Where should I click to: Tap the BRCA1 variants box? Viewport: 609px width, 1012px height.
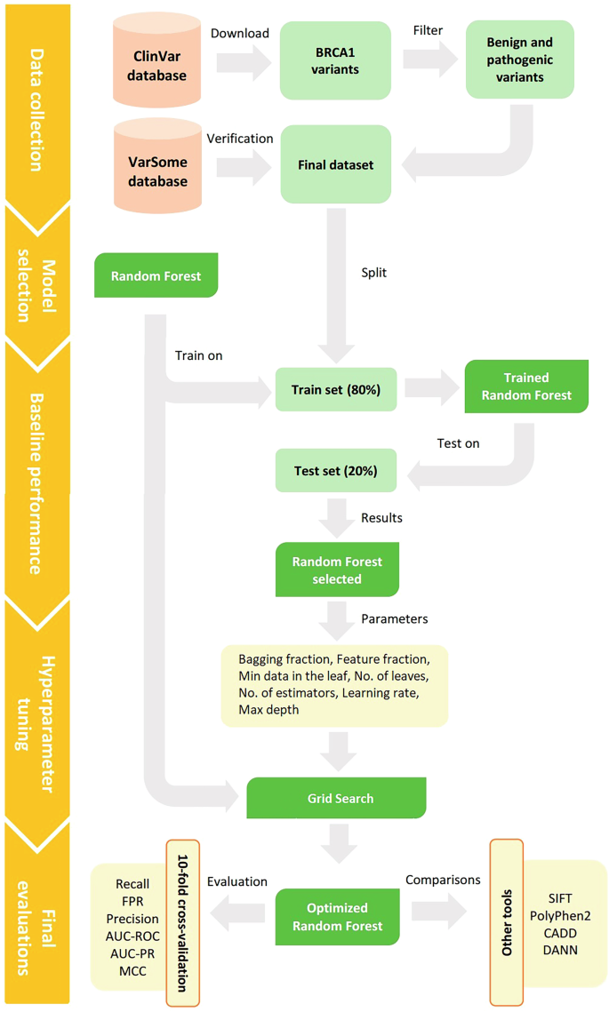pos(336,60)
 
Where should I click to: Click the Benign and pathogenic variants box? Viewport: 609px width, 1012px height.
pos(520,60)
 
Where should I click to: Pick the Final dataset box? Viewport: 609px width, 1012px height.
pos(336,164)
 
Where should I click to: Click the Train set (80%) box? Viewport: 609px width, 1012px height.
pos(336,389)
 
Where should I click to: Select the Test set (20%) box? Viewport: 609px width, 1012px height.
pos(336,471)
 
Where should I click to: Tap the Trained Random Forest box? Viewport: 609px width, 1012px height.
pos(526,386)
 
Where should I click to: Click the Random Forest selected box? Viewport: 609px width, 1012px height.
pos(336,570)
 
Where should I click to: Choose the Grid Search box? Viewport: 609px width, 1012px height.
pos(336,798)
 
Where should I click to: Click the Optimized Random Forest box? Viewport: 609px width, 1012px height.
pos(336,917)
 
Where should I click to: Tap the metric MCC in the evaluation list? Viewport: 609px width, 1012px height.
pos(132,970)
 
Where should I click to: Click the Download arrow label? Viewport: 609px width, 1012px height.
pos(239,34)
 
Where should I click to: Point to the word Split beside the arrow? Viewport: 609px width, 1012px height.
pos(373,273)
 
